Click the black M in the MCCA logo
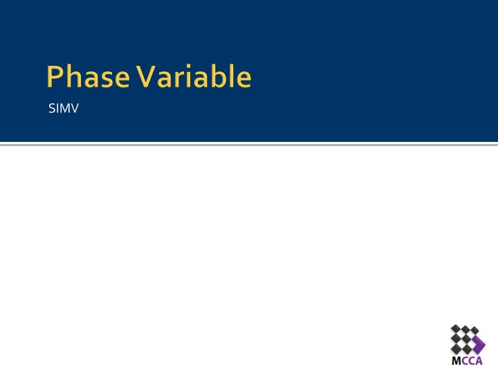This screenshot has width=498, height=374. point(456,362)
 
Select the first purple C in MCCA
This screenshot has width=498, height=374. point(464,362)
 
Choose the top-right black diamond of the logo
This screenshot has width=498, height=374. point(474,330)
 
